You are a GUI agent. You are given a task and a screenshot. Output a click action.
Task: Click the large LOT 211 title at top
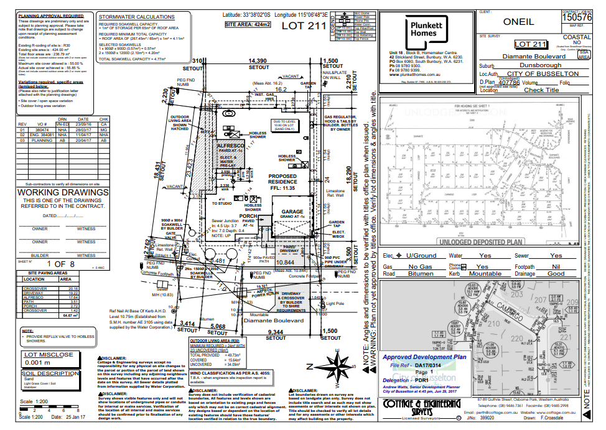click(304, 26)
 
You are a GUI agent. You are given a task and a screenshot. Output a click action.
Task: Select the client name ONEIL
click(518, 22)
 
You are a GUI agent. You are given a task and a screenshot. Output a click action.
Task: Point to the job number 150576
click(577, 18)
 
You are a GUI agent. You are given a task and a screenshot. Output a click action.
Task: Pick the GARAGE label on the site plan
click(292, 212)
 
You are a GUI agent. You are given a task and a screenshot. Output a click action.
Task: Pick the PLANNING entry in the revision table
click(42, 141)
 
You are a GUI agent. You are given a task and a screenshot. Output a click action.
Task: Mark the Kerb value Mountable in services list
click(485, 273)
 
